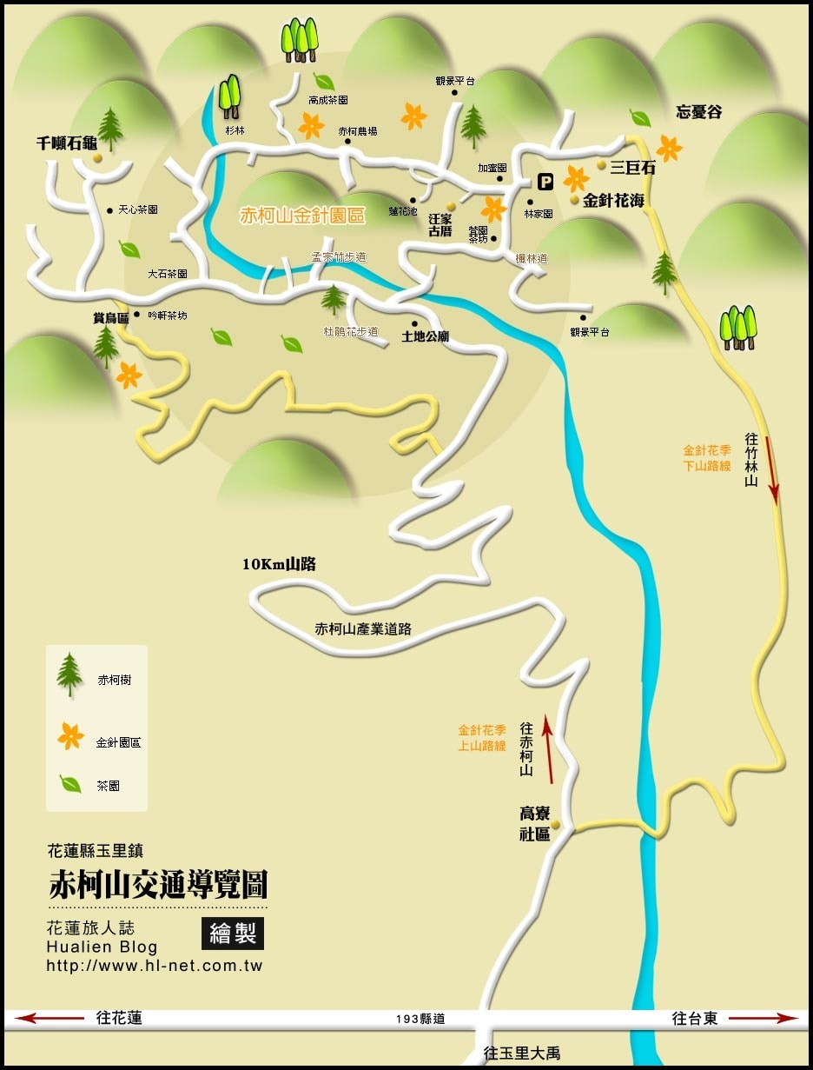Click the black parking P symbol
point(545,182)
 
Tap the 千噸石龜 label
point(66,144)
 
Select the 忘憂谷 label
point(699,112)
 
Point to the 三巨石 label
point(632,168)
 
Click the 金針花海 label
point(613,201)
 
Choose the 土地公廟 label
point(425,336)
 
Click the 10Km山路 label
point(279,564)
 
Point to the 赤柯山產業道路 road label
point(362,628)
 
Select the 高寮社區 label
point(535,823)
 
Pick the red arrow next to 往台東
point(763,1018)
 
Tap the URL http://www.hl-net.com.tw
point(154,966)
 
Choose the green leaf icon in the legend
point(70,784)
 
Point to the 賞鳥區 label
point(110,318)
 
